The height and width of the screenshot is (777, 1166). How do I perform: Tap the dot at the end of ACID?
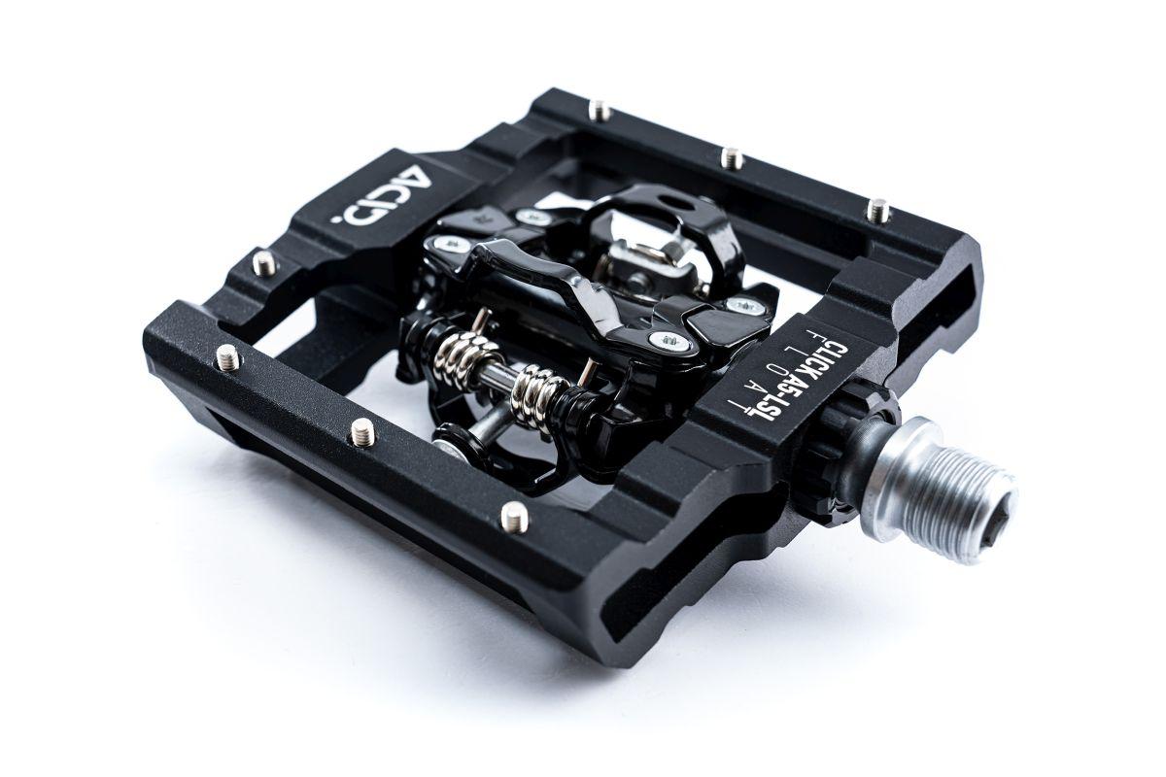tap(340, 220)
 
